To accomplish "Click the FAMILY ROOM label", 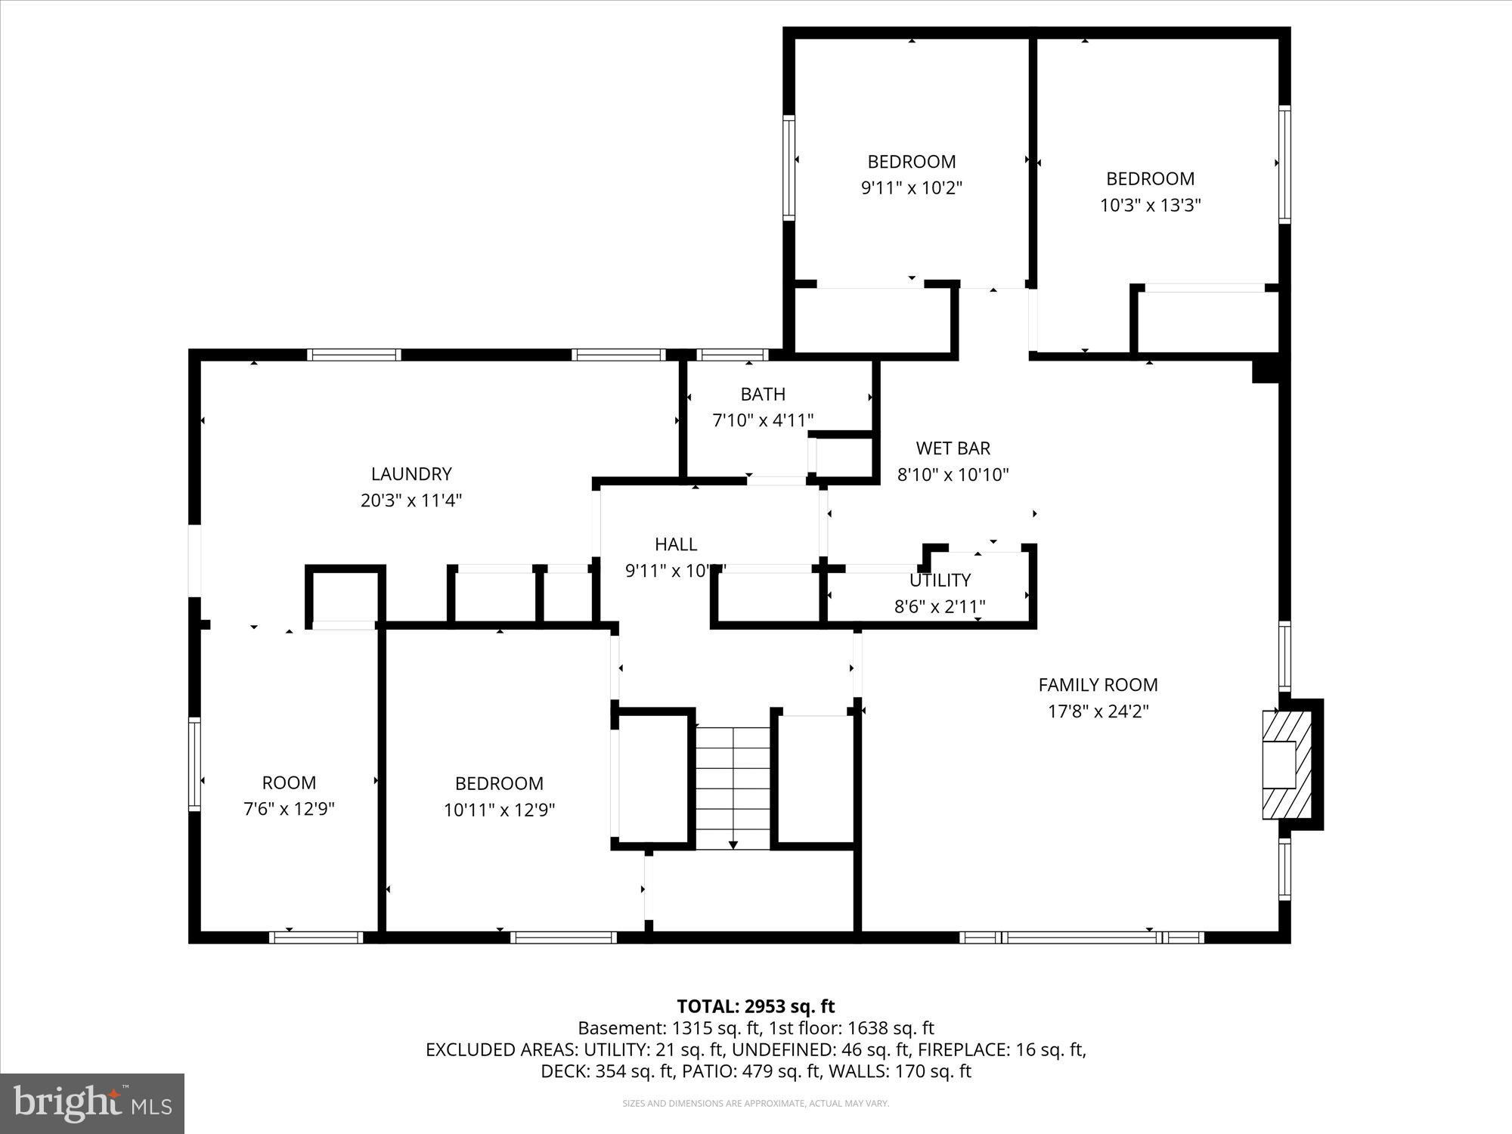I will (x=1098, y=685).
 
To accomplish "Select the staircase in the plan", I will (x=733, y=787).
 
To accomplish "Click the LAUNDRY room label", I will (x=411, y=474).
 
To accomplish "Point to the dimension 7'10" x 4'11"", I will (x=763, y=420).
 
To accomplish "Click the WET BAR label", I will (x=953, y=448).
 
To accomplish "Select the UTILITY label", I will (x=940, y=581).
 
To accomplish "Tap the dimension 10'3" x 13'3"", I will (x=1150, y=206).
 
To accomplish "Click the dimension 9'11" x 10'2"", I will (x=911, y=188).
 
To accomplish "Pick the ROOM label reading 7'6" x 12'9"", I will (x=289, y=783).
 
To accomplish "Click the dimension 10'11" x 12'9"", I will (x=499, y=810).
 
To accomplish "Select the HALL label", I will (x=676, y=544).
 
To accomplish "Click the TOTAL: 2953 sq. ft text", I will (x=755, y=1006).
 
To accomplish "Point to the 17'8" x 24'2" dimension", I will (x=1098, y=711).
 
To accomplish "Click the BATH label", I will (x=763, y=394).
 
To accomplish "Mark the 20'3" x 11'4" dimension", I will (x=411, y=500).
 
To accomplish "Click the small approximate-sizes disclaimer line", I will (x=755, y=1104).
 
